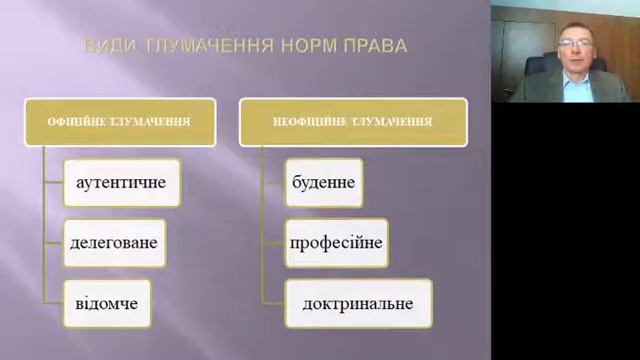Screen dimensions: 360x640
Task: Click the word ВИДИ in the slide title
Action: [x=106, y=46]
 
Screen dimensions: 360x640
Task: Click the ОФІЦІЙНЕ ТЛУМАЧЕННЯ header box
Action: [x=119, y=122]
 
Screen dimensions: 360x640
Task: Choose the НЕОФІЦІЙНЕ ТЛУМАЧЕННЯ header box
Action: [x=352, y=122]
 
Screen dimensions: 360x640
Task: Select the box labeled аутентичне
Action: [x=121, y=183]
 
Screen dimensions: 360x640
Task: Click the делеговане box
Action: [x=113, y=243]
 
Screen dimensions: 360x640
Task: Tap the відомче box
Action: [x=107, y=303]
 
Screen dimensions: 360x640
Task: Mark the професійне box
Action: [x=336, y=243]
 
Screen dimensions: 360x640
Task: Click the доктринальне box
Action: [x=358, y=303]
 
